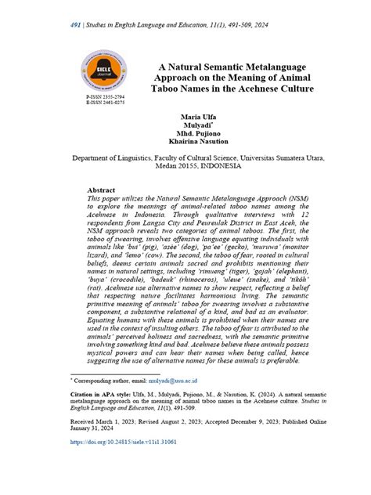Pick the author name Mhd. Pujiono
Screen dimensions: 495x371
click(x=199, y=135)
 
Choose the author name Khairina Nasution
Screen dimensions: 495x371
click(x=199, y=144)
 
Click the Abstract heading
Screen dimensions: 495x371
click(x=101, y=190)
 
